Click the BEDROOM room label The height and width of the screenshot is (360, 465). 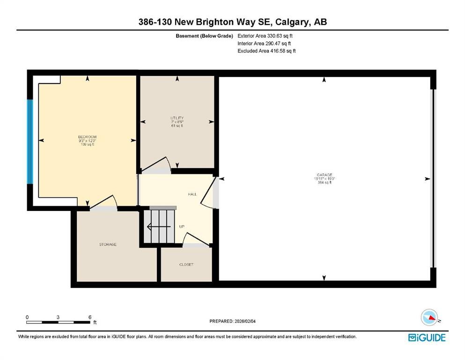87,137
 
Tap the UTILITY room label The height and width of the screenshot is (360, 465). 177,118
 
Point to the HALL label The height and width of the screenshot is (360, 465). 192,194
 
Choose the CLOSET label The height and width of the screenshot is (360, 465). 186,265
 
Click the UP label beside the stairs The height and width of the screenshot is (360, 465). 182,227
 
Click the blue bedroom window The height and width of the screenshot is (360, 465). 30,142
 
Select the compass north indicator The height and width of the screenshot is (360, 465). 429,317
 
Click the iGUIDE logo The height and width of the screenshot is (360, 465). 427,337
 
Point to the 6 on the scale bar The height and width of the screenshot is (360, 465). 89,317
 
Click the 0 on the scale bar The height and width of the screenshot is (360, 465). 27,317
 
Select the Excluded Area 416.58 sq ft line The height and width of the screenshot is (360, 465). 266,51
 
